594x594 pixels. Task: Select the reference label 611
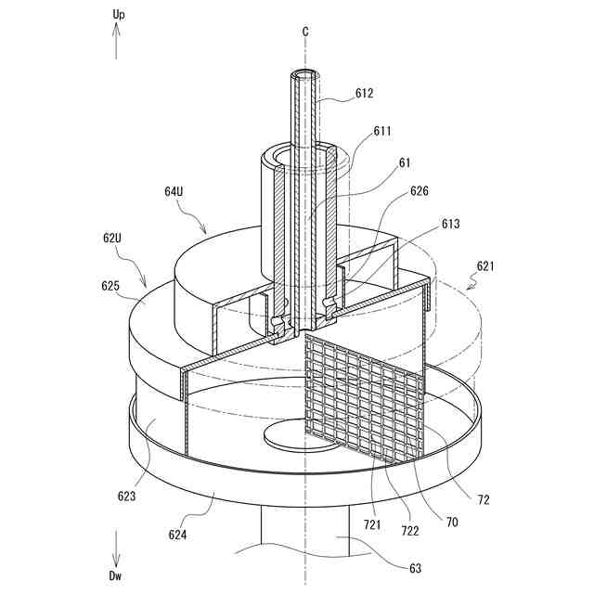pyautogui.click(x=382, y=132)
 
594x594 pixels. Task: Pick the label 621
pyautogui.click(x=485, y=265)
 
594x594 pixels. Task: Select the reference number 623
pyautogui.click(x=127, y=496)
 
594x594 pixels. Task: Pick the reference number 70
pyautogui.click(x=451, y=523)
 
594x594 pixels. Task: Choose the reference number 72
pyautogui.click(x=484, y=500)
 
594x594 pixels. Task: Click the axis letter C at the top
pyautogui.click(x=305, y=31)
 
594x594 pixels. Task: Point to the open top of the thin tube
pyautogui.click(x=304, y=72)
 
